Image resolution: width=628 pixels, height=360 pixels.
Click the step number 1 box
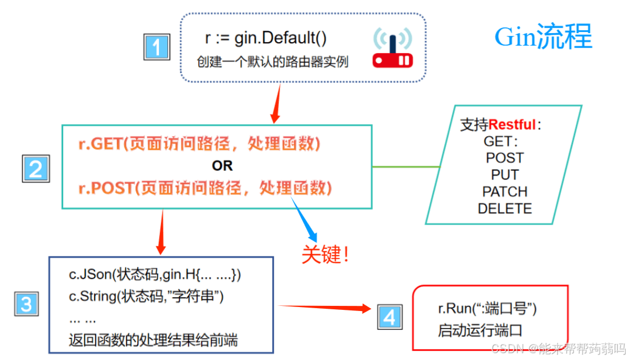click(x=156, y=47)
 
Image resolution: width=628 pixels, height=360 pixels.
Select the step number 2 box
click(x=35, y=169)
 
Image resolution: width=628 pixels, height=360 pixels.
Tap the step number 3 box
click(x=26, y=304)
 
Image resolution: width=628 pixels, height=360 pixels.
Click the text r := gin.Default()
click(x=266, y=39)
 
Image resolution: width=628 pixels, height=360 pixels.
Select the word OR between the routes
click(x=222, y=166)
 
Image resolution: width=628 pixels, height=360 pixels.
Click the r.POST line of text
click(x=205, y=187)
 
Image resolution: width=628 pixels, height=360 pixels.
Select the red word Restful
click(x=512, y=125)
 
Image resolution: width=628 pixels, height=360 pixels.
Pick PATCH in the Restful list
click(x=504, y=192)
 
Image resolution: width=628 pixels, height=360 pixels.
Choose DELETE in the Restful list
click(x=504, y=208)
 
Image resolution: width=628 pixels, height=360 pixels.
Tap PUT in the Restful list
click(x=504, y=175)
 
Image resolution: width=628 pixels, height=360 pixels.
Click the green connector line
click(x=406, y=167)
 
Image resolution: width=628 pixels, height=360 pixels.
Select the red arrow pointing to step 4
click(x=325, y=308)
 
